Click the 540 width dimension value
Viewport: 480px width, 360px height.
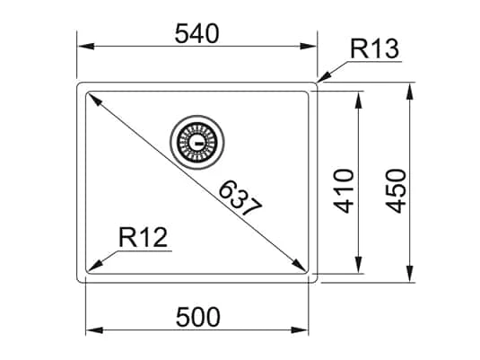point(196,33)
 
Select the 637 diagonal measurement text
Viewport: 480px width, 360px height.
point(240,198)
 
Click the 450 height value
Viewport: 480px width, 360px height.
point(395,189)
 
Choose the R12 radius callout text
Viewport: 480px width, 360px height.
point(144,239)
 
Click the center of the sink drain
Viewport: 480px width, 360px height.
point(195,140)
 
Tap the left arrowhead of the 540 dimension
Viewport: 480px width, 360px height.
point(81,46)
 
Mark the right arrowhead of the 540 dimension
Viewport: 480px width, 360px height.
point(313,46)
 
